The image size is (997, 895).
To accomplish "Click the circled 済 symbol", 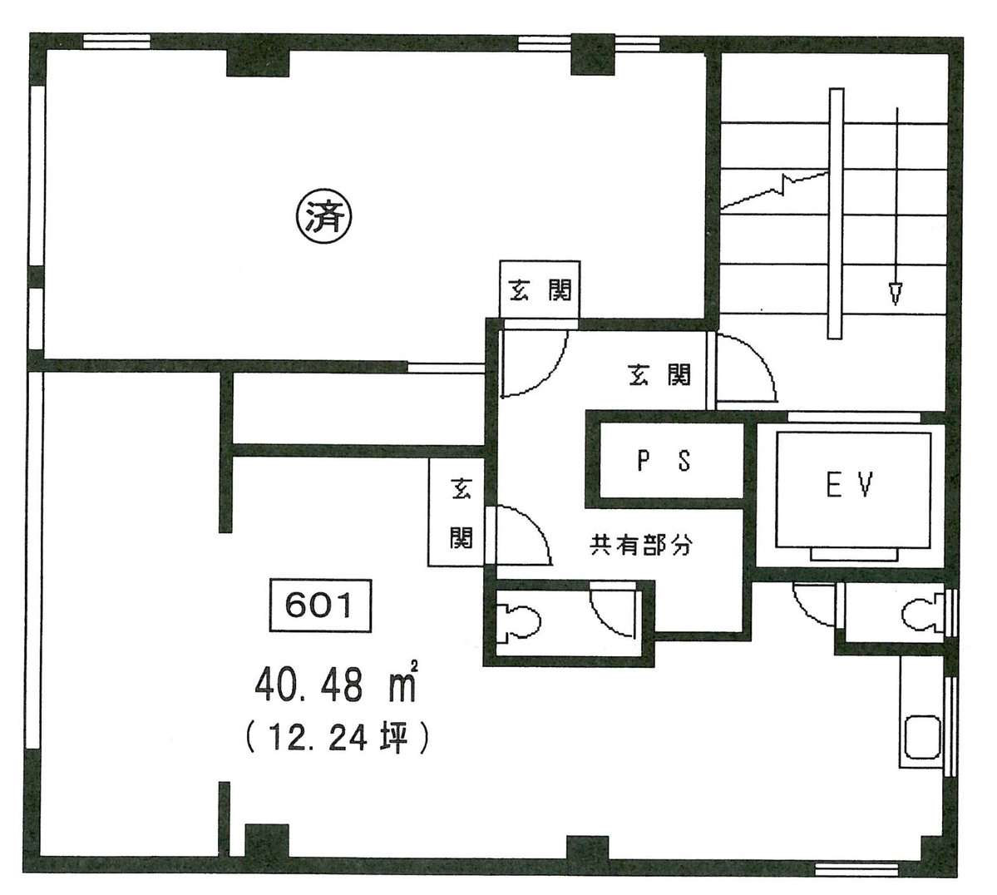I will [x=324, y=218].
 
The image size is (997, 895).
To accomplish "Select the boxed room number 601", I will [x=318, y=606].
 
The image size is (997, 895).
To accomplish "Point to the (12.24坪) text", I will [x=337, y=736].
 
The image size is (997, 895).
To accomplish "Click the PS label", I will [x=664, y=461].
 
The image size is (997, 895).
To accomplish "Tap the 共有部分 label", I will [x=640, y=546].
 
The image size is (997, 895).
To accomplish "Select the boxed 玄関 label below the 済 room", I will [x=540, y=289].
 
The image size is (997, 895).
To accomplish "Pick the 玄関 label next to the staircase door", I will [x=659, y=375].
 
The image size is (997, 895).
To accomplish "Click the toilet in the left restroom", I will [x=521, y=621].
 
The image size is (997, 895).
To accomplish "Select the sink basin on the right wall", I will [x=921, y=735].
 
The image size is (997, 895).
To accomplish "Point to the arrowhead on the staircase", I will [x=896, y=294].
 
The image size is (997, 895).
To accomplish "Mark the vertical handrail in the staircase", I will [x=835, y=214].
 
